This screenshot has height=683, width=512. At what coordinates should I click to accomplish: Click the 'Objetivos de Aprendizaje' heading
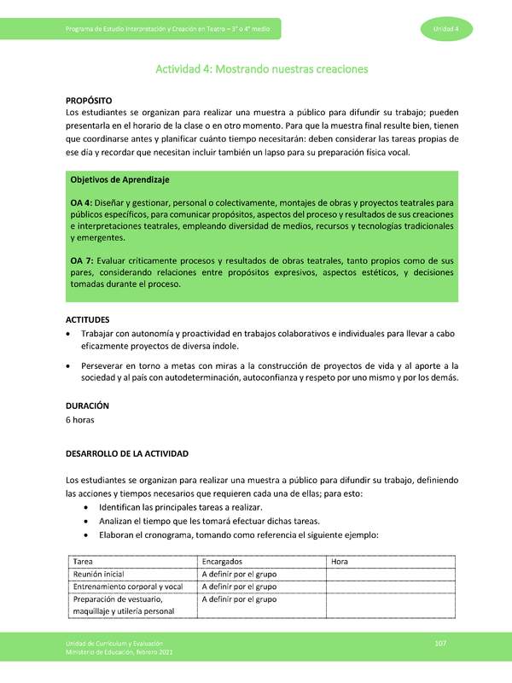[x=119, y=180]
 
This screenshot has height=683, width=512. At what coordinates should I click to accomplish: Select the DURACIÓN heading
[x=88, y=406]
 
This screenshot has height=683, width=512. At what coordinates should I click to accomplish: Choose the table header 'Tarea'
[x=84, y=562]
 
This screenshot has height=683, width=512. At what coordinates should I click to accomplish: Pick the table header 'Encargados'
[x=223, y=562]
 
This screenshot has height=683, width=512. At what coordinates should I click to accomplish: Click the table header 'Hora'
[x=340, y=562]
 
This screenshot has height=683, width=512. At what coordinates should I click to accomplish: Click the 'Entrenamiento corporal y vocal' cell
[x=128, y=587]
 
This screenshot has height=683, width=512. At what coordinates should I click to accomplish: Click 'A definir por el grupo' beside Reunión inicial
[x=239, y=575]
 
